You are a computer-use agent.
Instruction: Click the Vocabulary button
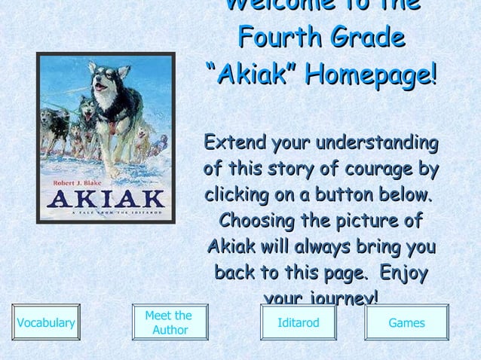pyautogui.click(x=45, y=323)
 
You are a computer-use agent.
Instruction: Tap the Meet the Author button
pyautogui.click(x=169, y=323)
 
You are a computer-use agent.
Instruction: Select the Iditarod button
pyautogui.click(x=299, y=323)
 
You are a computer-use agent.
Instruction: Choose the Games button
pyautogui.click(x=406, y=323)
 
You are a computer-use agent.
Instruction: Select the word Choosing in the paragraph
pyautogui.click(x=255, y=221)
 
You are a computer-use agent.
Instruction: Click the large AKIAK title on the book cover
pyautogui.click(x=106, y=200)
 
